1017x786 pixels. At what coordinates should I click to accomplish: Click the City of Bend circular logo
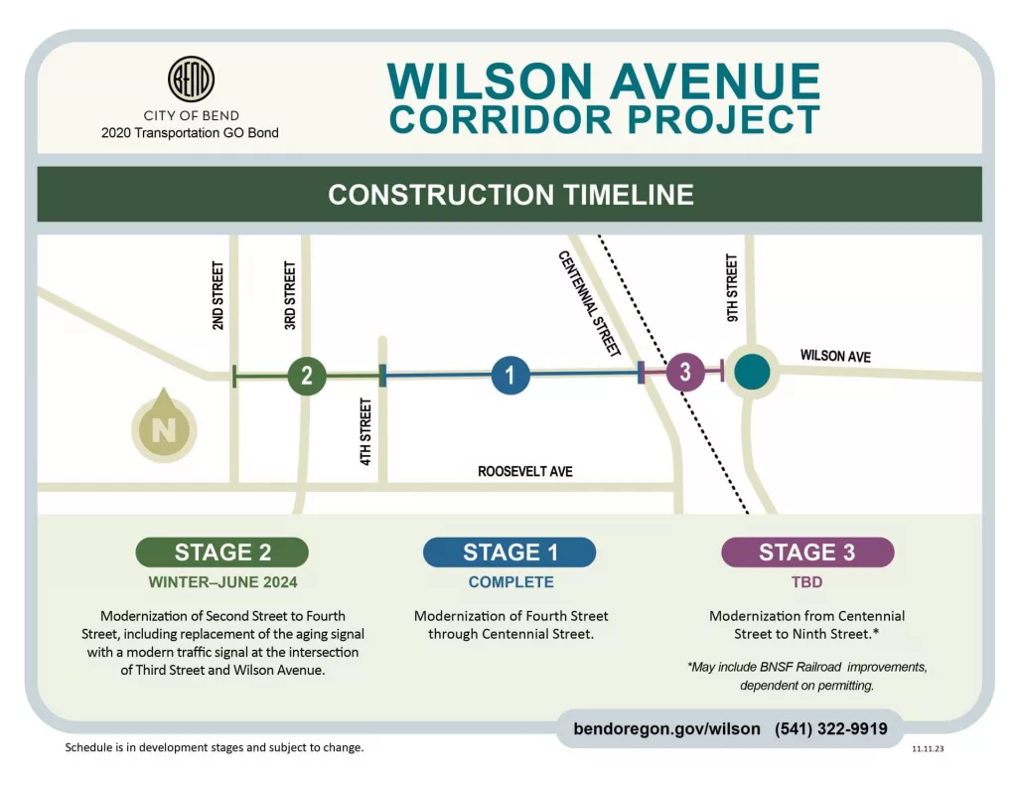(191, 79)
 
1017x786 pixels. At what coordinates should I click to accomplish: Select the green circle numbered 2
(307, 376)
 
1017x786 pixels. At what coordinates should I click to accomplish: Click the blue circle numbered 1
(510, 376)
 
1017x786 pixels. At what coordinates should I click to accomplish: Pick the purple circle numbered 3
(684, 373)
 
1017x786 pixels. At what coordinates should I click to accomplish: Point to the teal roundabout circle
(752, 372)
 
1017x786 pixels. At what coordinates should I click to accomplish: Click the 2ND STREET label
(218, 295)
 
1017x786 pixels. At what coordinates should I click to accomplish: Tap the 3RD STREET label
(290, 295)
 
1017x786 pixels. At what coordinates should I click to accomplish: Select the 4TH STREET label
(365, 432)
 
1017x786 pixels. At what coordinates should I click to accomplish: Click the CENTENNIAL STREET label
(590, 304)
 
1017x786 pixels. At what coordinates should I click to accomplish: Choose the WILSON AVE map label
(835, 356)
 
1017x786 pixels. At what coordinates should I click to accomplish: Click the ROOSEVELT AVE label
(525, 471)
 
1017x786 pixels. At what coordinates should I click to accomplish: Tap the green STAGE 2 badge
(221, 552)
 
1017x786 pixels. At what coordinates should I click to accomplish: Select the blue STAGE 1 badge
(509, 552)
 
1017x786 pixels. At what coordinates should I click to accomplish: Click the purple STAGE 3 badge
(806, 552)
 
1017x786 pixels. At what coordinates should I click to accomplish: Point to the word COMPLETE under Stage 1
(510, 582)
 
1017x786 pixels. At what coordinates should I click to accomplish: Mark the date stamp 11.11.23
(928, 749)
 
